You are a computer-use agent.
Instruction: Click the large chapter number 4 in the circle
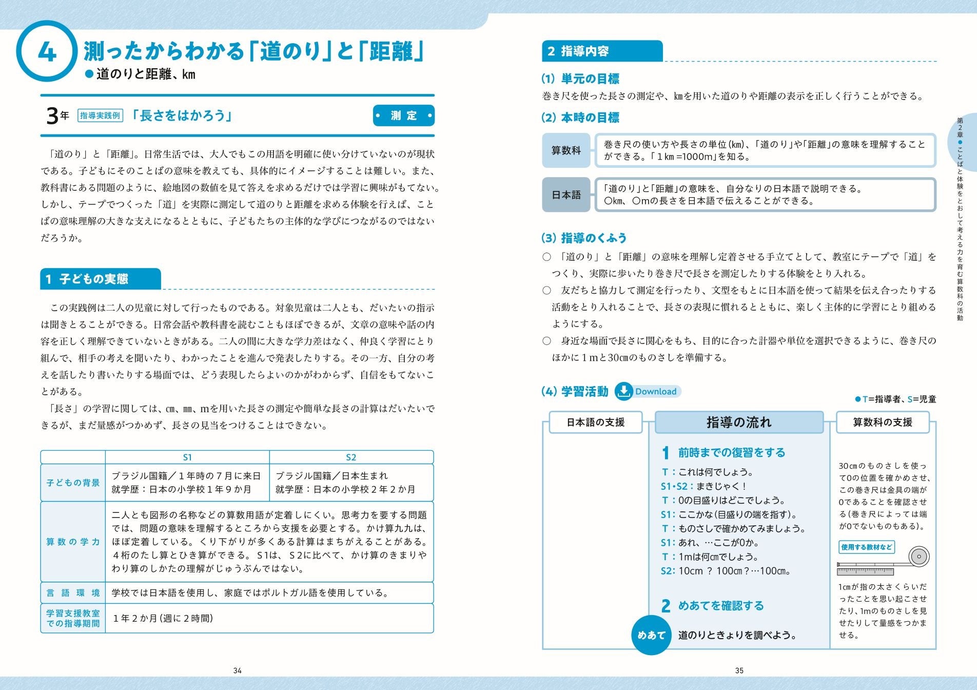pyautogui.click(x=47, y=52)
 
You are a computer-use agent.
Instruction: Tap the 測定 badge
pyautogui.click(x=403, y=116)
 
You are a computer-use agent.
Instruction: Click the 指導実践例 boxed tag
pyautogui.click(x=101, y=116)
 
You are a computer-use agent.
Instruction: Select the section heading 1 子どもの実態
pyautogui.click(x=101, y=279)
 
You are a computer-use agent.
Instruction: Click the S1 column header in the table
pyautogui.click(x=187, y=457)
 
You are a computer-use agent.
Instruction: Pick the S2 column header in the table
pyautogui.click(x=351, y=457)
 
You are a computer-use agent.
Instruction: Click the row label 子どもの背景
pyautogui.click(x=73, y=483)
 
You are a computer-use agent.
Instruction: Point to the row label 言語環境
pyautogui.click(x=73, y=593)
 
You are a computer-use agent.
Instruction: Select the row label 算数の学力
pyautogui.click(x=73, y=542)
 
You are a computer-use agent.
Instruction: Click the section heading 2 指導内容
pyautogui.click(x=602, y=51)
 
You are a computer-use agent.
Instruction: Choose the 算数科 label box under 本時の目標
pyautogui.click(x=566, y=150)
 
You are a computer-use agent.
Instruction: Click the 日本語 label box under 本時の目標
pyautogui.click(x=566, y=195)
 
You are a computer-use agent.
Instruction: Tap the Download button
pyautogui.click(x=648, y=391)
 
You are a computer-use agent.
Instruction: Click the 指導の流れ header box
pyautogui.click(x=739, y=423)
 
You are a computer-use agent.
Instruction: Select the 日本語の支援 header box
pyautogui.click(x=596, y=423)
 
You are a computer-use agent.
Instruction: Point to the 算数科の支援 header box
pyautogui.click(x=883, y=423)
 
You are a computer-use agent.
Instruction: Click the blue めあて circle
pyautogui.click(x=651, y=635)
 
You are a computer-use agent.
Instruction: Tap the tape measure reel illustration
pyautogui.click(x=919, y=557)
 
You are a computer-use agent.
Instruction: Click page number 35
pyautogui.click(x=739, y=670)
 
